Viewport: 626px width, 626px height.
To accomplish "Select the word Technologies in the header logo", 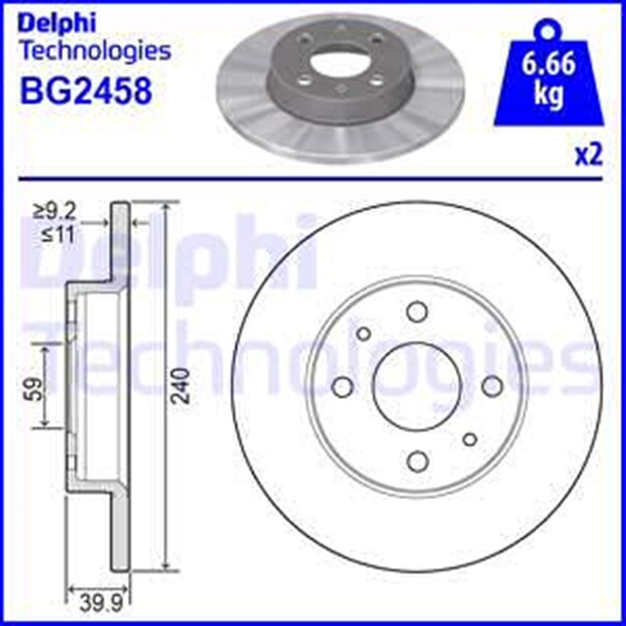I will (95, 49).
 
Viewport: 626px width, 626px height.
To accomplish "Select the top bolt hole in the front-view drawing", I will (417, 312).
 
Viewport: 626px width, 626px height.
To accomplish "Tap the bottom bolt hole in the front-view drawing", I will (417, 459).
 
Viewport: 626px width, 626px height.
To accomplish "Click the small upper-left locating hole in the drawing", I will (364, 333).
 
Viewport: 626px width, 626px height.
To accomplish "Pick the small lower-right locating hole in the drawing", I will (469, 438).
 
